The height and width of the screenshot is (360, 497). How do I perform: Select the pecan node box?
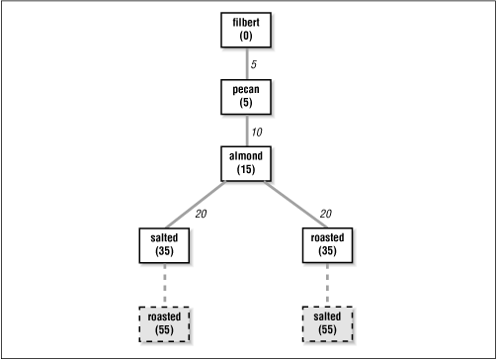point(246,96)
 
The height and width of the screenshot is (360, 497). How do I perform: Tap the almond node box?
point(246,162)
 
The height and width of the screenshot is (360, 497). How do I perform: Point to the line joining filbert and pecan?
point(246,63)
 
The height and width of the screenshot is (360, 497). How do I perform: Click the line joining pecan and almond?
point(246,130)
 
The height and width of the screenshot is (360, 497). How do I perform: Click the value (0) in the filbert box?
point(246,37)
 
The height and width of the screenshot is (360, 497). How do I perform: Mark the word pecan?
point(246,90)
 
